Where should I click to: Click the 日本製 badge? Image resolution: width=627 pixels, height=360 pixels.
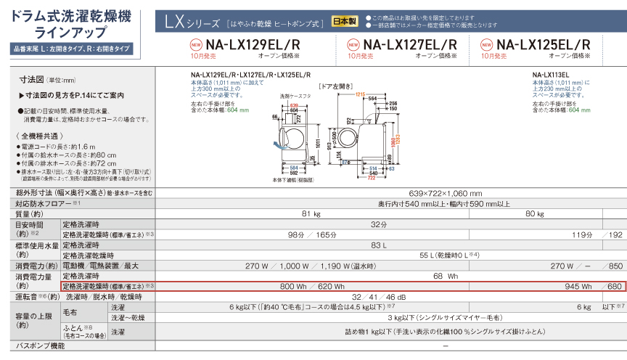(344, 22)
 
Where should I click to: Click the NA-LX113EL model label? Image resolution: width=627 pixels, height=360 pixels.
(549, 74)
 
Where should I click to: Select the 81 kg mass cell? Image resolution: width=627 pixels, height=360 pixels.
(311, 214)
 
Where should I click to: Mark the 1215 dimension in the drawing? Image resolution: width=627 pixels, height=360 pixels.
(359, 95)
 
